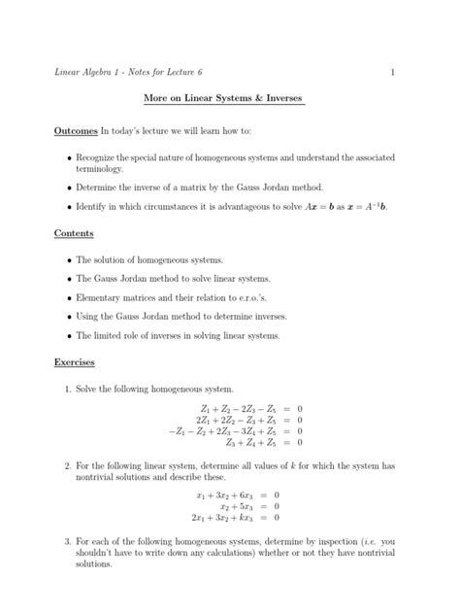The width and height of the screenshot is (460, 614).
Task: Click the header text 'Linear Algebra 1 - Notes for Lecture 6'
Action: click(134, 73)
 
